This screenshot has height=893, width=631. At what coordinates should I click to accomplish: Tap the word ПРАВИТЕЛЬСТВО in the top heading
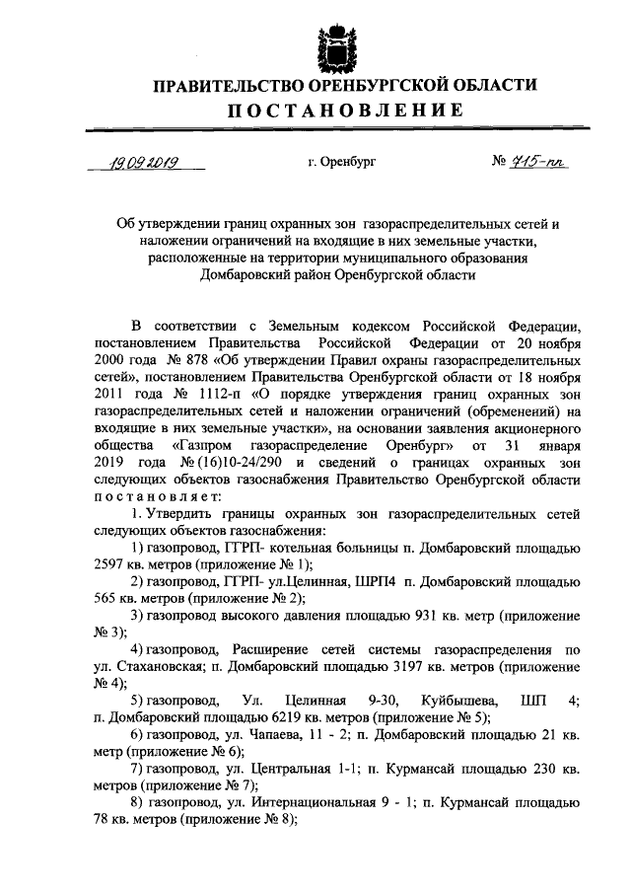click(x=219, y=86)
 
